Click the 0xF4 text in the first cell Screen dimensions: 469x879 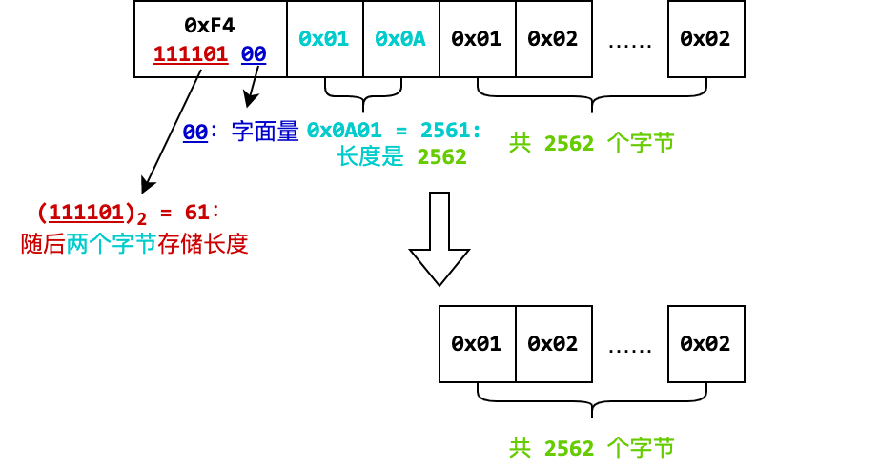209,22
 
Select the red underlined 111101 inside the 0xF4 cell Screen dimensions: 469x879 191,54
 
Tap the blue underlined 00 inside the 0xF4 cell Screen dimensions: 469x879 254,54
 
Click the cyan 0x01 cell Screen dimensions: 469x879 324,39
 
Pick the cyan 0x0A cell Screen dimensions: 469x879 400,39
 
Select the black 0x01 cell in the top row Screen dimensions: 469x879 477,39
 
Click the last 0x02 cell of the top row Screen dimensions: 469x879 705,39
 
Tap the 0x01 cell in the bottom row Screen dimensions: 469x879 477,344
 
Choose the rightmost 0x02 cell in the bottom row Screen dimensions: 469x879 705,344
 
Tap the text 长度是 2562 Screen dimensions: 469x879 401,157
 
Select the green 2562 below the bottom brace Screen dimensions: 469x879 568,448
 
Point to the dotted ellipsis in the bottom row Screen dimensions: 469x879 629,345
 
